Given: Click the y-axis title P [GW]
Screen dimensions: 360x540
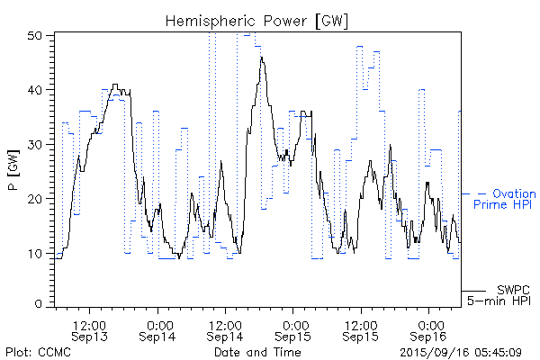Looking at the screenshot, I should point(13,171).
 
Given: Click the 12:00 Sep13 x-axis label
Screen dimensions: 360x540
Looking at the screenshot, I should point(91,329).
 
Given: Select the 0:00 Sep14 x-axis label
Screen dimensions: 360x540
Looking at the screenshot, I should point(159,329).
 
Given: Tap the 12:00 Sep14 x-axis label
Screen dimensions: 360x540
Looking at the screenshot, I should point(226,329).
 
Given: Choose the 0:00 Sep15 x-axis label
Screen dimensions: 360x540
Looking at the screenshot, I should point(294,329).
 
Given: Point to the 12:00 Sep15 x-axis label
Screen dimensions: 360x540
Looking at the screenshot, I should point(361,329).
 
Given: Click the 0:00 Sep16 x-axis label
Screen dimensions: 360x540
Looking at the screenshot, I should point(429,329).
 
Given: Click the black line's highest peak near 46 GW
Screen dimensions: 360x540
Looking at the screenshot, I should point(262,58).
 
